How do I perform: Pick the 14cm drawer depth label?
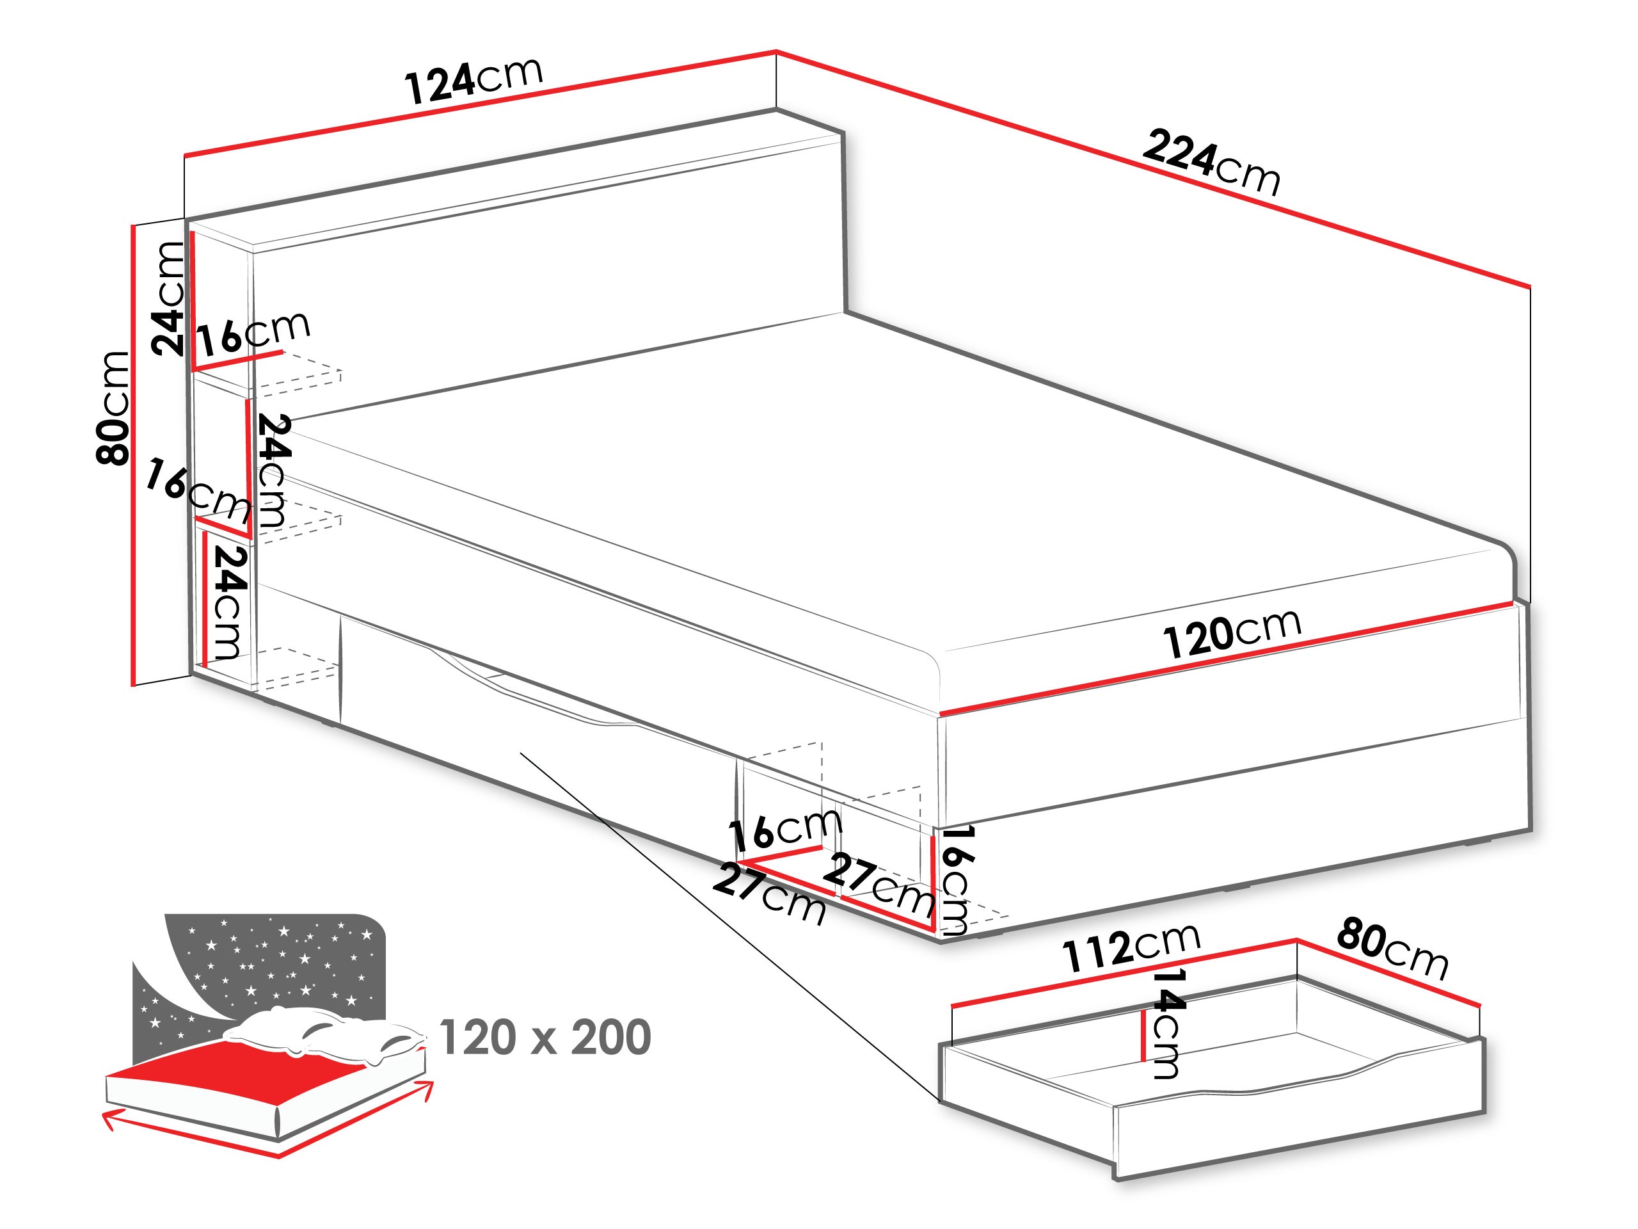coord(1168,1023)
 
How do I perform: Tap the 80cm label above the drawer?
coord(1392,948)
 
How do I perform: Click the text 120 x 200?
coord(545,1038)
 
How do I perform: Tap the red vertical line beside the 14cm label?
coord(1145,1034)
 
